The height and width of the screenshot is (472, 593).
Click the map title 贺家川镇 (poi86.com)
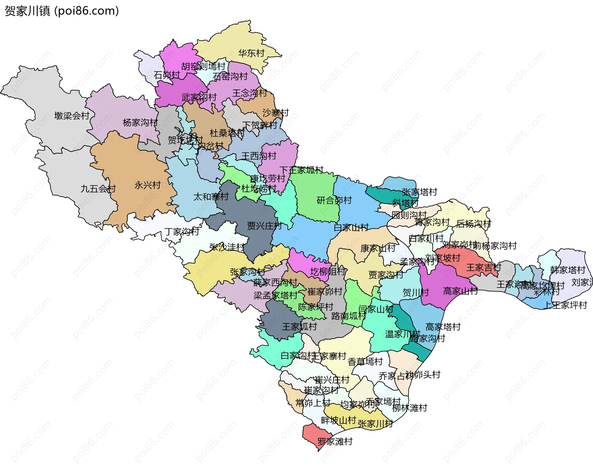pos(62,11)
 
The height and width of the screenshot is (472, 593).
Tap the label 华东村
pos(251,53)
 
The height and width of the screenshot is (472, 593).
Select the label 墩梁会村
pos(72,116)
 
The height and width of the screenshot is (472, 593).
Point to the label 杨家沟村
pos(140,123)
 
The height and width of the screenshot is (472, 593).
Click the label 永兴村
pos(147,185)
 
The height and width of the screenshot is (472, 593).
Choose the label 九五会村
pos(98,189)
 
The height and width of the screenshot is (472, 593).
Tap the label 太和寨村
pos(211,197)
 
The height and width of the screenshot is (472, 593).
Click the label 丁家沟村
pos(182,231)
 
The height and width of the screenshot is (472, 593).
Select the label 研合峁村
pos(334,200)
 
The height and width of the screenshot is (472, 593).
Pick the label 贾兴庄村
pos(264,226)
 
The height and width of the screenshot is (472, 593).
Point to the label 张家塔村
pos(419,192)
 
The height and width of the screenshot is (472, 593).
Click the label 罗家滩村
pos(335,442)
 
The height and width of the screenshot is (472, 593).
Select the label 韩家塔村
pos(568,270)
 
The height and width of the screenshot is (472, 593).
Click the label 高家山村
pos(461,291)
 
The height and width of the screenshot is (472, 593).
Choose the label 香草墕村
pos(365,362)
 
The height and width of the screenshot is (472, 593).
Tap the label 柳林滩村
pos(410,408)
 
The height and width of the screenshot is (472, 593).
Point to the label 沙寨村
pos(275,113)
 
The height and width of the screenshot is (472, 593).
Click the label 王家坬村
pos(299,327)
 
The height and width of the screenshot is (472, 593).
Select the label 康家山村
pos(378,248)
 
